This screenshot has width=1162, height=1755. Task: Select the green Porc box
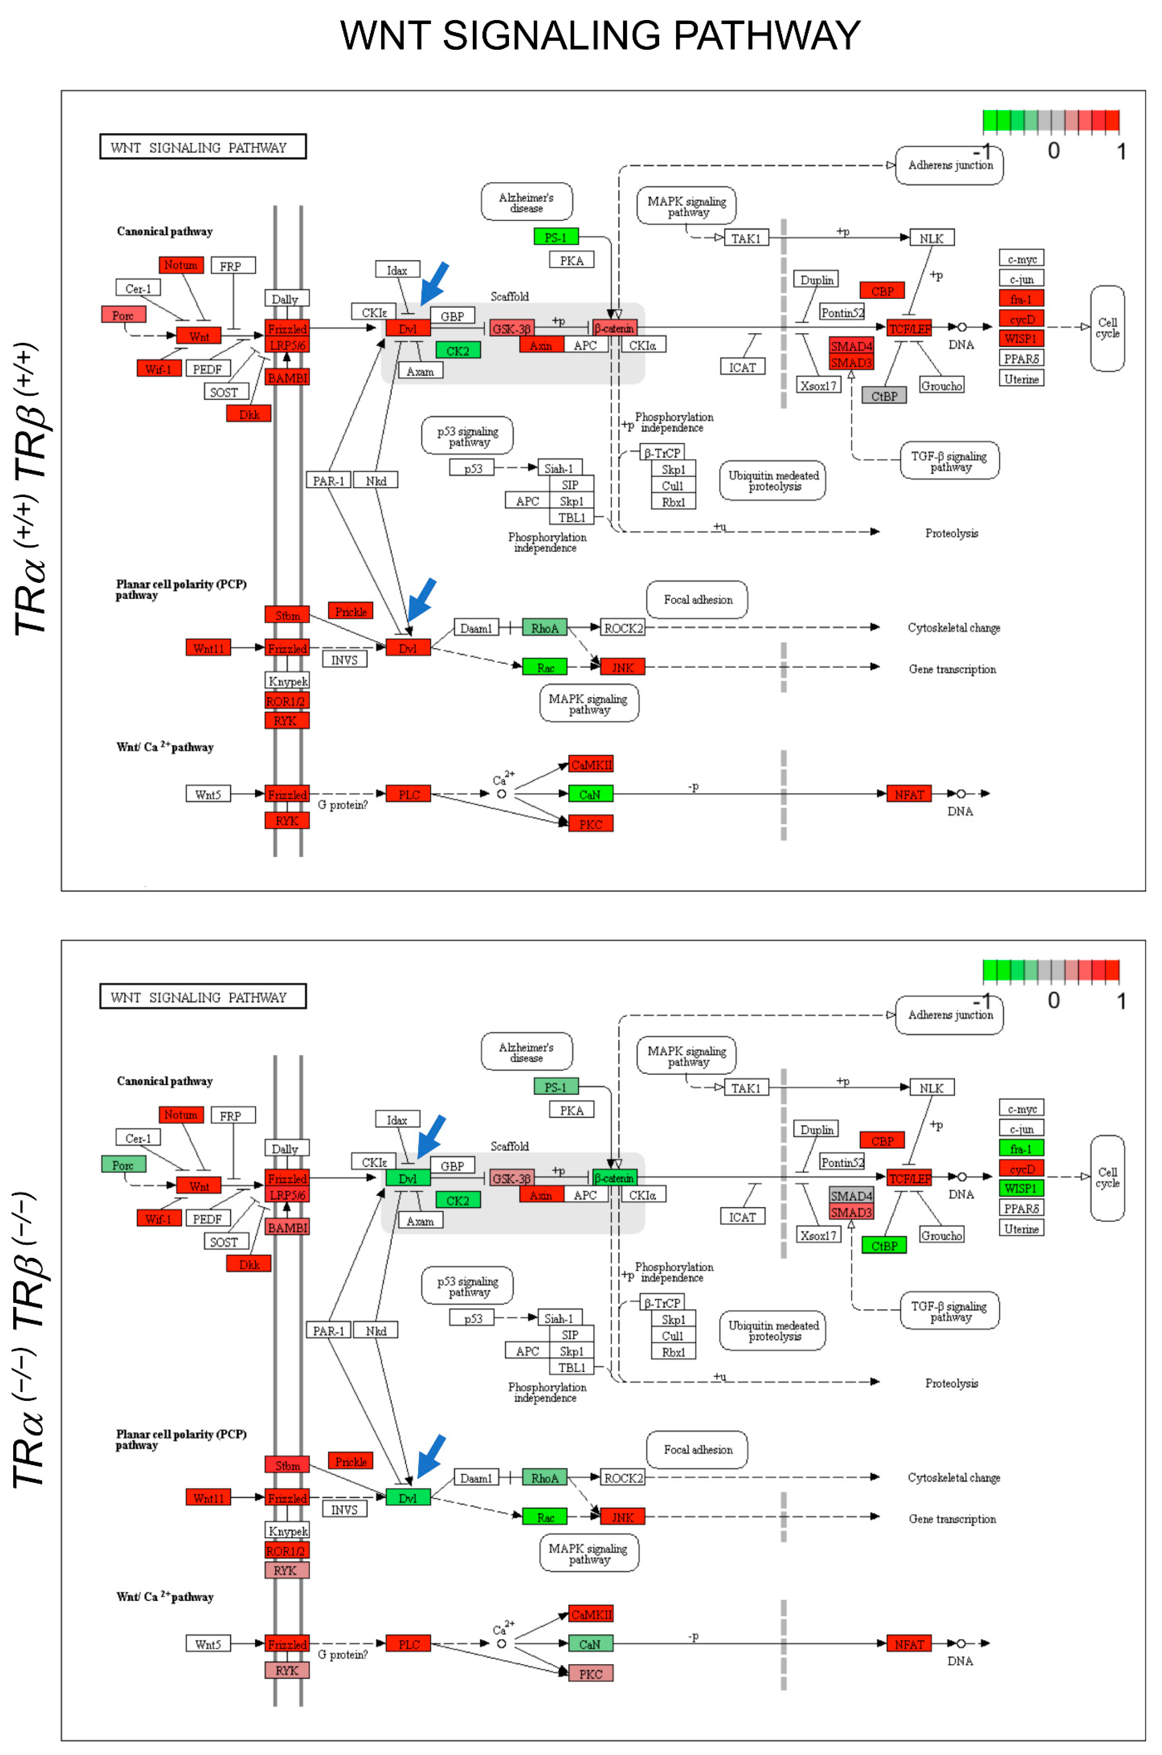(123, 1164)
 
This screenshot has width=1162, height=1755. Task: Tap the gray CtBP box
(883, 396)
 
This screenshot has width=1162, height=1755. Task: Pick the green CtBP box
(883, 1246)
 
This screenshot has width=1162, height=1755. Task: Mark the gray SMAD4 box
(851, 1196)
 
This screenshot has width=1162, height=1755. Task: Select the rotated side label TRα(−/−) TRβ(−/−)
(30, 1341)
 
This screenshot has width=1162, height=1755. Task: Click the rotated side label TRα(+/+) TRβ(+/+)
(30, 489)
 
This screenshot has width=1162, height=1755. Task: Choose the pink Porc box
(123, 315)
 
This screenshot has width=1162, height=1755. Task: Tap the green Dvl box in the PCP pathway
(408, 1498)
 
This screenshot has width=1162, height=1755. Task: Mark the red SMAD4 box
(851, 346)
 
